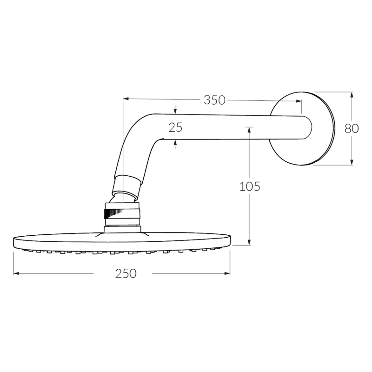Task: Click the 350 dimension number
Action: (214, 100)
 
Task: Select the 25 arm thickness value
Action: (175, 127)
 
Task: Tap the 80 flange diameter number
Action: (352, 128)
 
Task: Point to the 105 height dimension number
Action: (250, 186)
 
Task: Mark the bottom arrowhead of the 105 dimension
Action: (250, 242)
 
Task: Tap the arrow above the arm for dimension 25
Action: (175, 112)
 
